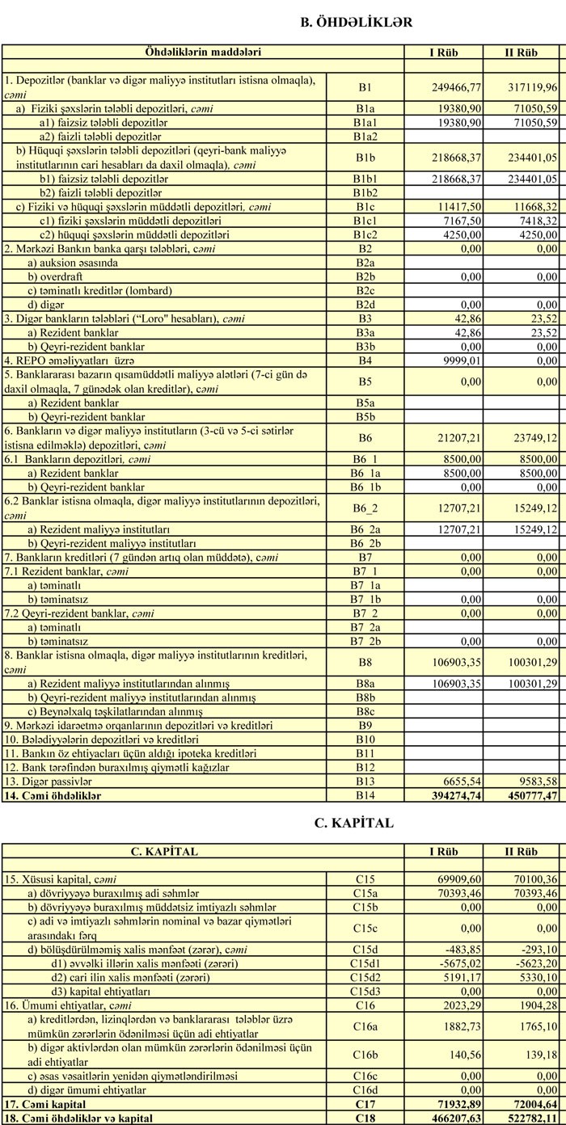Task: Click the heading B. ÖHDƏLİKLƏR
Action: pos(356,23)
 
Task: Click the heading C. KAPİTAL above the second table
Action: pos(353,824)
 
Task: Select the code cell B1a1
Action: pos(365,122)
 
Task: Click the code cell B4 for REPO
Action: pos(365,360)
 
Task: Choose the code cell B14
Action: pos(365,796)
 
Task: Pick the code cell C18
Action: pos(365,1119)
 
